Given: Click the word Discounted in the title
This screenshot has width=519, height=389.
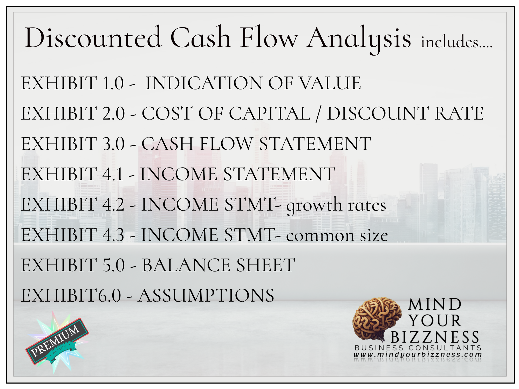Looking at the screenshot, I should (x=93, y=38).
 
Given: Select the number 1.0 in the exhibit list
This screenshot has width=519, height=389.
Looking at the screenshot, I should (x=113, y=83).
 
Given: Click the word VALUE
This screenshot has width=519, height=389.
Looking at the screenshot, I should (x=330, y=83).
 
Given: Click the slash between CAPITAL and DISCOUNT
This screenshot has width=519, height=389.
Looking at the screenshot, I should (x=318, y=114).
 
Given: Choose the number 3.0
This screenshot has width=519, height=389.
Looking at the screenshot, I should (x=113, y=144).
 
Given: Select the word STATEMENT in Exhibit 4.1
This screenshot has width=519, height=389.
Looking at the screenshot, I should (x=279, y=174).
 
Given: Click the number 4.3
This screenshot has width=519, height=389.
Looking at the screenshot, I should (x=113, y=235).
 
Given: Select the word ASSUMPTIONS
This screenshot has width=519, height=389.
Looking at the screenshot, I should (x=206, y=296).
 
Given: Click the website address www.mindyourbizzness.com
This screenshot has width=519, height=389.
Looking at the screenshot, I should (x=418, y=355).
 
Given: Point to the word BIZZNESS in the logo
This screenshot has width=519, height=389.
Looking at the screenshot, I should (x=435, y=337).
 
